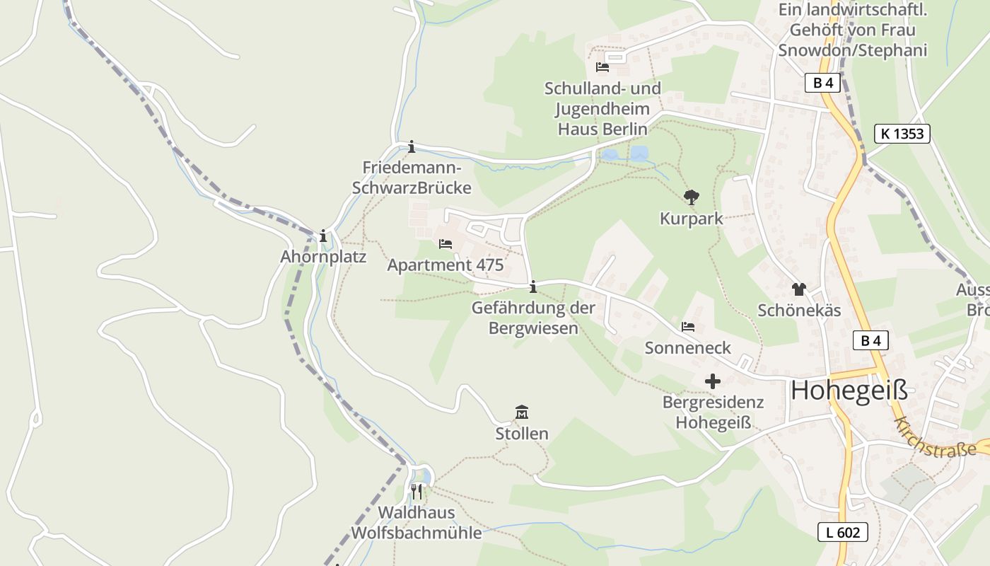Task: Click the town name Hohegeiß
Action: pos(849,390)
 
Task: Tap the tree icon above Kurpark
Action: pos(692,197)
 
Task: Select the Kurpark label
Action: pos(692,219)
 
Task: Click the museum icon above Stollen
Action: pos(522,412)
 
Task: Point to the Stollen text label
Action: pos(522,434)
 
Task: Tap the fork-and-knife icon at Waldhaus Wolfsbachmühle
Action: pos(417,491)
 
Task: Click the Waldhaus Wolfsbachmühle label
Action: pos(417,523)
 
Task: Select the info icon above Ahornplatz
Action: pos(323,236)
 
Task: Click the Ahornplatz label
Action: pos(323,257)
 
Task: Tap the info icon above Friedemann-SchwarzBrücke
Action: pos(412,146)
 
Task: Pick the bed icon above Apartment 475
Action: pos(445,244)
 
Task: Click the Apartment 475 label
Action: pos(445,265)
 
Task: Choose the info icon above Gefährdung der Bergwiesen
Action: pos(533,287)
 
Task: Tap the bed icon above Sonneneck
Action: pos(688,327)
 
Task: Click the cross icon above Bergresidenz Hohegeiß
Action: pos(713,381)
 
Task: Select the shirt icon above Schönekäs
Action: pos(799,289)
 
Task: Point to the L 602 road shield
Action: pos(843,532)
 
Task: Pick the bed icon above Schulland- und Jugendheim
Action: pos(602,67)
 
